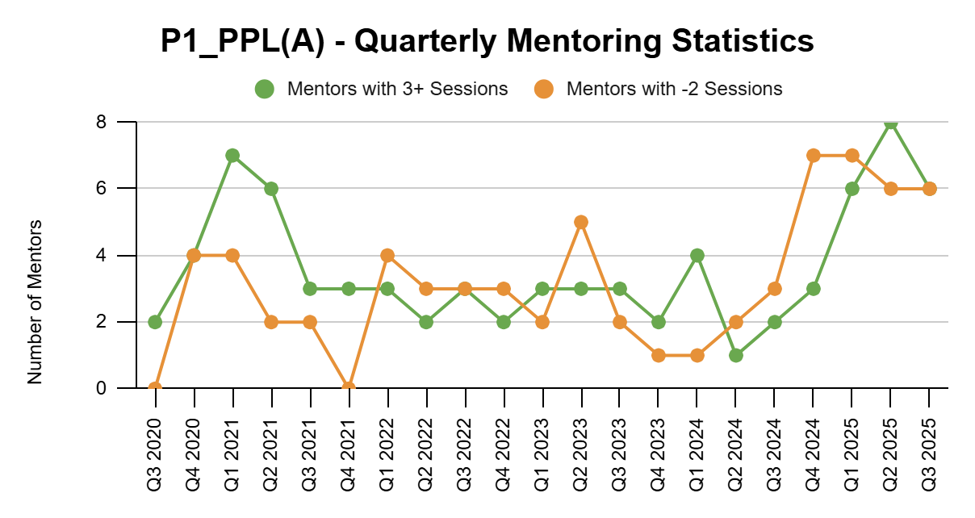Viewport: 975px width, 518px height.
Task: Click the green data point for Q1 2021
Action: click(232, 156)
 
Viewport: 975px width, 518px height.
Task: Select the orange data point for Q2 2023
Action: click(581, 222)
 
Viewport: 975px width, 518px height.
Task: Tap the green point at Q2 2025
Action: click(890, 123)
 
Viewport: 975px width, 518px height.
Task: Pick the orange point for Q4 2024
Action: click(814, 156)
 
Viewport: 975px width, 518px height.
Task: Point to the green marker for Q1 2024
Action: click(697, 256)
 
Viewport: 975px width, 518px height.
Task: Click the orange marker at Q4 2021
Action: click(349, 388)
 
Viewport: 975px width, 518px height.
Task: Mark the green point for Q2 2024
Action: click(736, 355)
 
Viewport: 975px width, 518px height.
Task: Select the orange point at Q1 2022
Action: click(387, 256)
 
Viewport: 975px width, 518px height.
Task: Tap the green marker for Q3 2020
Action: click(155, 322)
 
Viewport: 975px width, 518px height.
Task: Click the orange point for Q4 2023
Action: click(659, 355)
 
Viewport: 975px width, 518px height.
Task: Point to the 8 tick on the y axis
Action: click(102, 123)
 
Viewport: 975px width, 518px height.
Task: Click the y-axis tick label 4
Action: click(102, 256)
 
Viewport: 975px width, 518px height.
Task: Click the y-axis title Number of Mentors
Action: click(35, 301)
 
